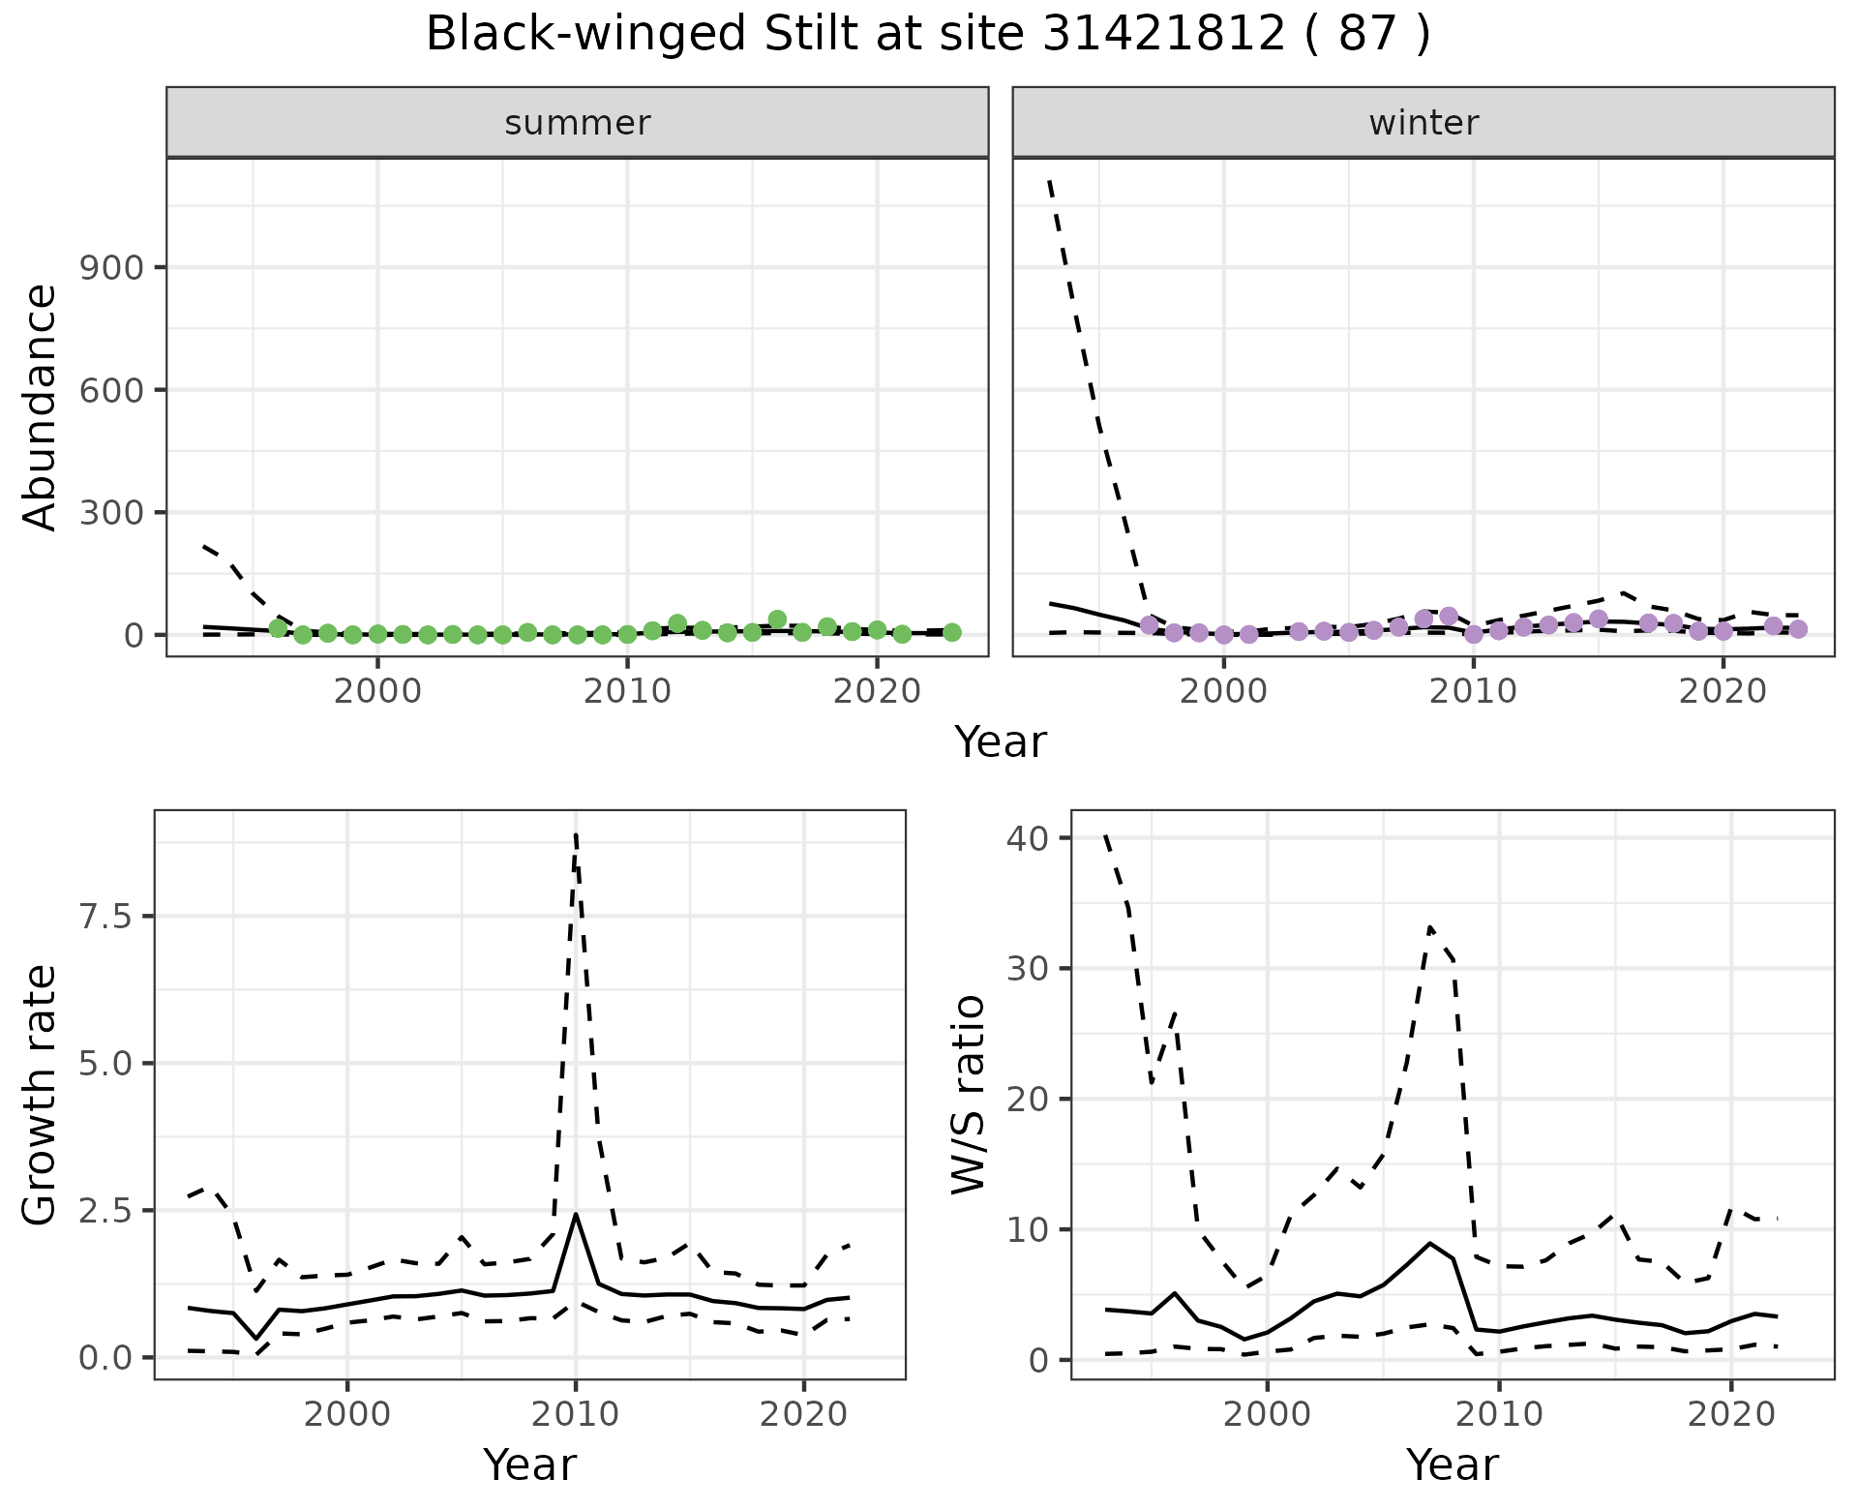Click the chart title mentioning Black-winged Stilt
(x=928, y=35)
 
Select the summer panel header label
(x=578, y=123)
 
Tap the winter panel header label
(x=1423, y=123)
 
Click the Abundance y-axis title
(x=41, y=408)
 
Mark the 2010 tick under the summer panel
(x=627, y=691)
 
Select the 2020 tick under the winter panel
(x=1723, y=691)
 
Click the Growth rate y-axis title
(x=41, y=1095)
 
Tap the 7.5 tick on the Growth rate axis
(x=105, y=917)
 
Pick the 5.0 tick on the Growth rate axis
(x=105, y=1064)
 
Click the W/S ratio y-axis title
(x=968, y=1095)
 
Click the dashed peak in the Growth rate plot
(x=576, y=834)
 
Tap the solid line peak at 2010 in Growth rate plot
(x=576, y=1214)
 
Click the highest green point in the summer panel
(x=777, y=619)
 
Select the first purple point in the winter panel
(x=1150, y=625)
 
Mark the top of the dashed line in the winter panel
(x=1050, y=181)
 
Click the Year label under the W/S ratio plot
(x=1453, y=1465)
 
